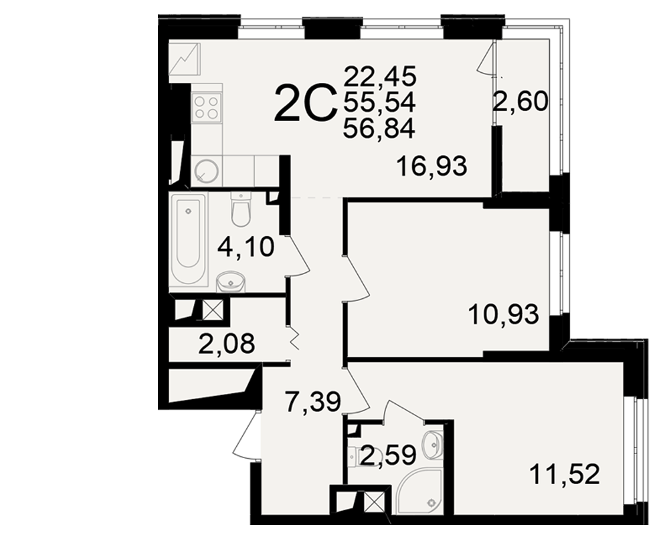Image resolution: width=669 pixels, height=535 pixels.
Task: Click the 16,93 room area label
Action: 432,166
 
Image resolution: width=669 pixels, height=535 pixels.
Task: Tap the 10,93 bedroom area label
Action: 504,314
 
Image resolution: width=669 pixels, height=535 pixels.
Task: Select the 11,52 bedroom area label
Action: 565,474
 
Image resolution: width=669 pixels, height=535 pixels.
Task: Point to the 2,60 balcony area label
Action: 520,102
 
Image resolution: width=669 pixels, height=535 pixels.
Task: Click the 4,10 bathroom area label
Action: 246,247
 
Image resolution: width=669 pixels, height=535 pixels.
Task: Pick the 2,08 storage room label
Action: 227,344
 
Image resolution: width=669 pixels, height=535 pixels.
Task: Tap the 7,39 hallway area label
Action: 313,403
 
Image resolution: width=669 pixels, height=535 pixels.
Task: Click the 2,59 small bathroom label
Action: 388,455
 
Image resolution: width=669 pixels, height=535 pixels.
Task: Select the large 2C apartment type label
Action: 304,102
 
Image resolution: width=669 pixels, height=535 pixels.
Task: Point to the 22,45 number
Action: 380,77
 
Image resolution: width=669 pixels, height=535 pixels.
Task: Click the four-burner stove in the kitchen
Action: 207,107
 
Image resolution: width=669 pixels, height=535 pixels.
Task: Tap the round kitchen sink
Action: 207,171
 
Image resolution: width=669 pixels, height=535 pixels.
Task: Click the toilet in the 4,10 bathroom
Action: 241,209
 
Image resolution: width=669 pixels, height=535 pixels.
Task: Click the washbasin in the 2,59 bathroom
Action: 433,445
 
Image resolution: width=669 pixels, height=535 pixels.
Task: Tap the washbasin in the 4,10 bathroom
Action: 230,282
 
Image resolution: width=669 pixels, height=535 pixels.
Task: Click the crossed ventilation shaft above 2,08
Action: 213,310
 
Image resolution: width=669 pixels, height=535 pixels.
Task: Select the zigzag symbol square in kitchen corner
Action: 185,58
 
